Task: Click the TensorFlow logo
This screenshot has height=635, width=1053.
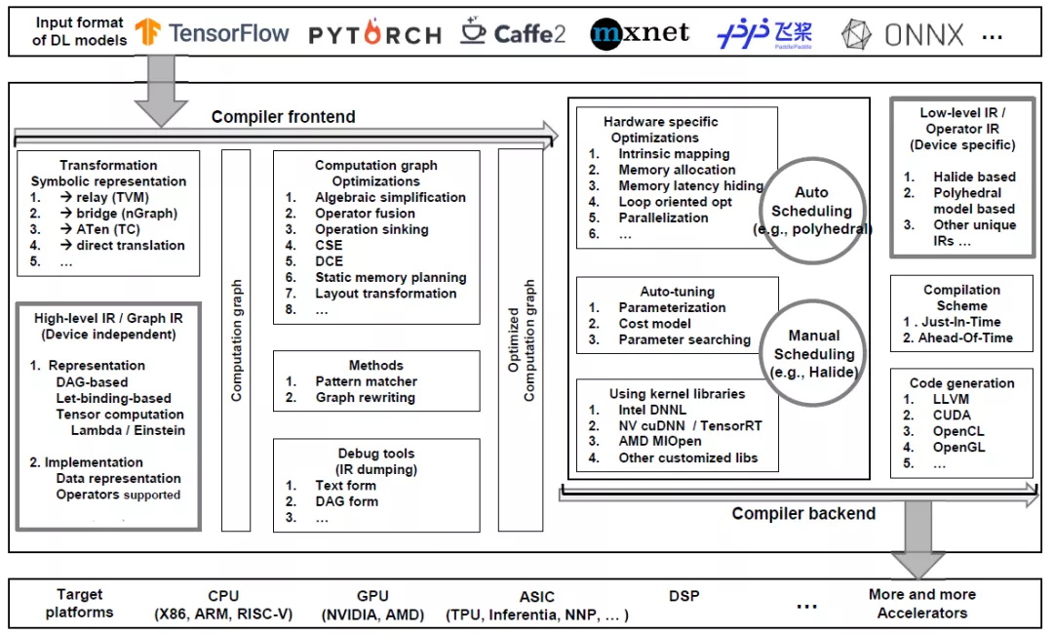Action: coord(213,33)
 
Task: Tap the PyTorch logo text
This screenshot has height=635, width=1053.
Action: coord(375,35)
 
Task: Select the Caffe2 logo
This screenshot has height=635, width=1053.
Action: coord(513,33)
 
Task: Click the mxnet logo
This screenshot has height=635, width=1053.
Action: coord(640,33)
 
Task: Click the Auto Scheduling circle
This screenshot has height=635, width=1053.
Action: coord(810,211)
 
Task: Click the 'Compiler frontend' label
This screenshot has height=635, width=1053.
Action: coord(284,117)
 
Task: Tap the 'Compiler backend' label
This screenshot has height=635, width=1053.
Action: coord(803,513)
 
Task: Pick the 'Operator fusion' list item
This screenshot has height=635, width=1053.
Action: coord(365,213)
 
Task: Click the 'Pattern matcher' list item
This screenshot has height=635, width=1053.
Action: coord(366,381)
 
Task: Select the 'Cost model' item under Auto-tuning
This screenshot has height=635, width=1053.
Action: coord(654,323)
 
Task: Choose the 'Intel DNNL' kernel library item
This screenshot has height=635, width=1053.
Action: coord(651,411)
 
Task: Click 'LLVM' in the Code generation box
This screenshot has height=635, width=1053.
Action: coord(951,399)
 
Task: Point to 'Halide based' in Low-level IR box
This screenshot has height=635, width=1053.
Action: coord(974,177)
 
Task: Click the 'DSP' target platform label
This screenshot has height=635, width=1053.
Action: coord(684,595)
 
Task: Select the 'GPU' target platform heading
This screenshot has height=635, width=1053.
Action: coord(372,595)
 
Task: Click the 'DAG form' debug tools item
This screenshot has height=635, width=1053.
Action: coord(346,501)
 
